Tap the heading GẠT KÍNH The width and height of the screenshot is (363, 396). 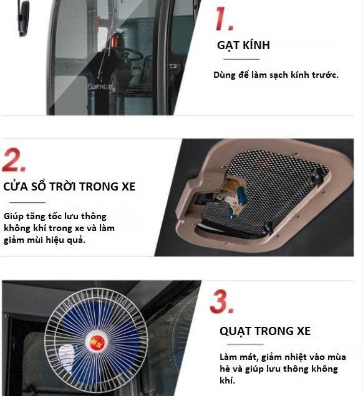[243, 45]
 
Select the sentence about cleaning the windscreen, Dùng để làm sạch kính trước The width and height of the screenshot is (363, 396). [276, 75]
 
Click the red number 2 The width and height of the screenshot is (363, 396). [14, 160]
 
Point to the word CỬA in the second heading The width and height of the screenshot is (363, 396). [15, 186]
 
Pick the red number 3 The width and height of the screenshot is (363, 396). [222, 301]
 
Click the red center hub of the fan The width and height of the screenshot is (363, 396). [97, 342]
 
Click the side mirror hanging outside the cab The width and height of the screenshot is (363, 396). [23, 17]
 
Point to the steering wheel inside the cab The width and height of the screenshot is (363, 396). [133, 54]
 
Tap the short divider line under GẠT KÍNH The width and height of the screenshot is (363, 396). [241, 59]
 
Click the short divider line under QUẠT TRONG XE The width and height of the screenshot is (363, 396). [245, 344]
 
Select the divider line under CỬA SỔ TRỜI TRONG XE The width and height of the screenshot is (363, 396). [27, 202]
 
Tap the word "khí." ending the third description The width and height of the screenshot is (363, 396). [228, 380]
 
